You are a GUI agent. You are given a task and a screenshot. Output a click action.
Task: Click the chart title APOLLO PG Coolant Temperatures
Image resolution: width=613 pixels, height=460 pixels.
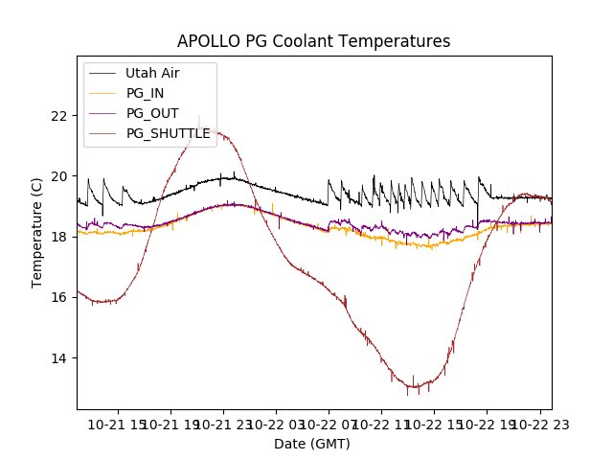(x=313, y=42)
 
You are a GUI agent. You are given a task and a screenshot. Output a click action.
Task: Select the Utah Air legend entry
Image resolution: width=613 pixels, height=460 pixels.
(x=152, y=73)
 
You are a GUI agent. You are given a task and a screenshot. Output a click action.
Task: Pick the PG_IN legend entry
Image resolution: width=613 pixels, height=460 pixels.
(x=145, y=93)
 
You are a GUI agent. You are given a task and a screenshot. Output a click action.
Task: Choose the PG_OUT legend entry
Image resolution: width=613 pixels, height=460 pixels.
(x=151, y=113)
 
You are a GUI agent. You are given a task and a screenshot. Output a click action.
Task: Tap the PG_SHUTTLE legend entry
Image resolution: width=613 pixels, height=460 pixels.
(x=168, y=133)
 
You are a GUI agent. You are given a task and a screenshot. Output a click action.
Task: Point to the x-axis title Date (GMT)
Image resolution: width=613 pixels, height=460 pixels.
(x=312, y=444)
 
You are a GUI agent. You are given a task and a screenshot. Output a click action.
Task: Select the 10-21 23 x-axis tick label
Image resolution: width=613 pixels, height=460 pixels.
(x=224, y=424)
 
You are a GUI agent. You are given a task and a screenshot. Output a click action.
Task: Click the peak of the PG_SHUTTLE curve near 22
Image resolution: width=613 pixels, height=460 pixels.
(x=199, y=116)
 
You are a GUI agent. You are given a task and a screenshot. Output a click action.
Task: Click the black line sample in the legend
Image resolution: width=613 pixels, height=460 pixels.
(x=102, y=73)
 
